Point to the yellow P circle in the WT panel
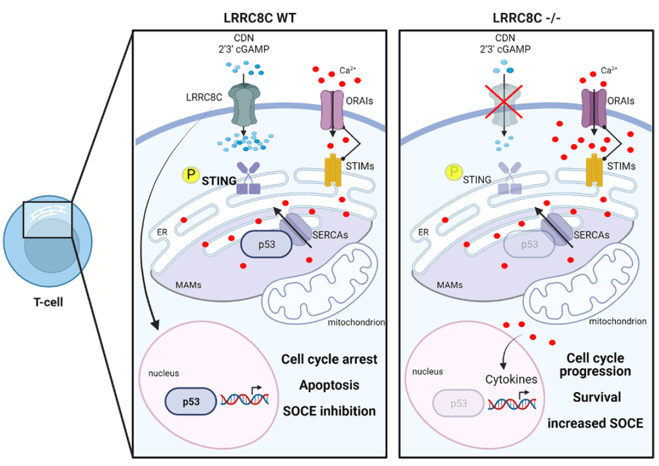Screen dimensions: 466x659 (x=191, y=174)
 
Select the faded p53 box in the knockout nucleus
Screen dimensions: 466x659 (x=457, y=404)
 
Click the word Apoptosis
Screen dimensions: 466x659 (x=329, y=385)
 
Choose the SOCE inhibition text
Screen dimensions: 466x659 (x=329, y=411)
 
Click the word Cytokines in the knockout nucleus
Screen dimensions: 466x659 (x=511, y=379)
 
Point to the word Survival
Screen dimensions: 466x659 (x=597, y=397)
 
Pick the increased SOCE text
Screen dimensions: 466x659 (x=595, y=423)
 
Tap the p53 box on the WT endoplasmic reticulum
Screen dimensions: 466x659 (x=267, y=245)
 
